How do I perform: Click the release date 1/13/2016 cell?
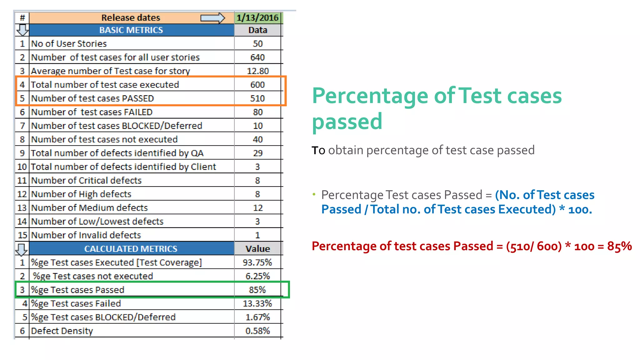pyautogui.click(x=257, y=17)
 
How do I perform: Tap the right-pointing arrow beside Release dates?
pyautogui.click(x=212, y=18)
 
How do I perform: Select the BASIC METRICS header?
pyautogui.click(x=131, y=30)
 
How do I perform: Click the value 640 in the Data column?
pyautogui.click(x=257, y=57)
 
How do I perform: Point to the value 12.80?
pyautogui.click(x=257, y=71)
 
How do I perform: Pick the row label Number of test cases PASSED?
pyautogui.click(x=92, y=98)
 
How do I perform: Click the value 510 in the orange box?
pyautogui.click(x=257, y=98)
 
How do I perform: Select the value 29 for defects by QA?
pyautogui.click(x=257, y=153)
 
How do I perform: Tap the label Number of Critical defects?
pyautogui.click(x=86, y=180)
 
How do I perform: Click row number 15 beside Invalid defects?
pyautogui.click(x=22, y=235)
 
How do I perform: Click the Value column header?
pyautogui.click(x=257, y=249)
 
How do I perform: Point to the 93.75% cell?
pyautogui.click(x=257, y=262)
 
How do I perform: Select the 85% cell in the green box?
pyautogui.click(x=257, y=290)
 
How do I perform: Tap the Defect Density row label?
pyautogui.click(x=62, y=331)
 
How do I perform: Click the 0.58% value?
pyautogui.click(x=257, y=331)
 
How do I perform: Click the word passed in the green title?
pyautogui.click(x=347, y=122)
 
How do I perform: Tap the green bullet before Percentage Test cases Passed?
pyautogui.click(x=314, y=194)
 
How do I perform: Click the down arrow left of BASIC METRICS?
pyautogui.click(x=22, y=30)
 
